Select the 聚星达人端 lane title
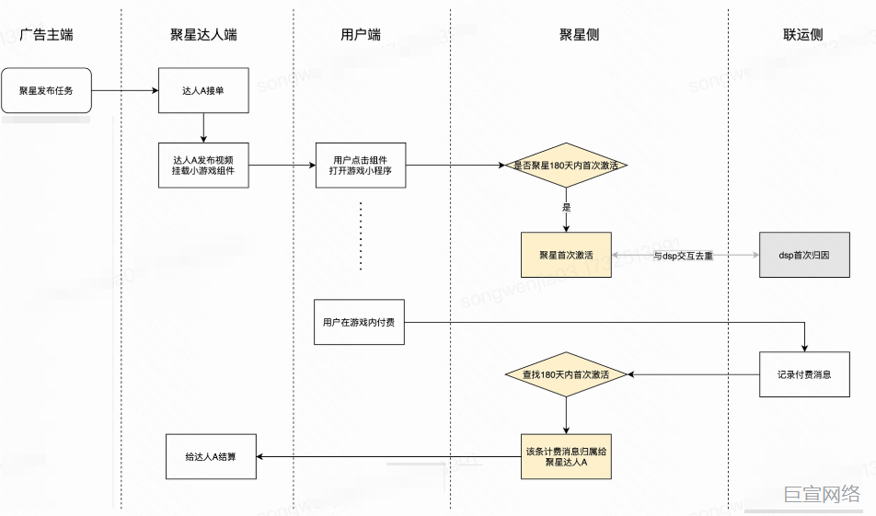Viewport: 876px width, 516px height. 203,35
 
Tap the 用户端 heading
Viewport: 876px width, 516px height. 361,35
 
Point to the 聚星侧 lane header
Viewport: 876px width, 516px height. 580,35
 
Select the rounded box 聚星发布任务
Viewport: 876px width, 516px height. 46,91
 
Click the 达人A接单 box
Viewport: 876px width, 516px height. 203,91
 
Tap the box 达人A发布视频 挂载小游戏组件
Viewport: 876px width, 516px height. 203,166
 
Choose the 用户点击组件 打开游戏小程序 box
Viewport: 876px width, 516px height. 360,166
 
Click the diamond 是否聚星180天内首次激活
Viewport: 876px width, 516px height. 566,166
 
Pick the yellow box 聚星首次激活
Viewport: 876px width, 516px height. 566,255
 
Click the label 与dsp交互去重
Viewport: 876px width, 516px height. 684,256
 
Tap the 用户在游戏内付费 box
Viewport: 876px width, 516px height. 360,322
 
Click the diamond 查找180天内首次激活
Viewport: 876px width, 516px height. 566,374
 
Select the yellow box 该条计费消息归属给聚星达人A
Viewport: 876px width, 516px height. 566,456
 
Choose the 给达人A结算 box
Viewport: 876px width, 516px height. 211,456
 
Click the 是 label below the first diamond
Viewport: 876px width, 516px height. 567,208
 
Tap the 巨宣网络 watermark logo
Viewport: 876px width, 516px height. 822,494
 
